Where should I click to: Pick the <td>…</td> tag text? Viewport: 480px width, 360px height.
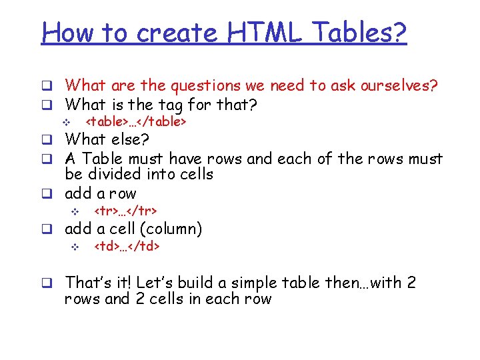pos(127,247)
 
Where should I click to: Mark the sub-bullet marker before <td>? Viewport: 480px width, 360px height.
pos(75,247)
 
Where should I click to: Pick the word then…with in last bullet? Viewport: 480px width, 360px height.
pos(364,283)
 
